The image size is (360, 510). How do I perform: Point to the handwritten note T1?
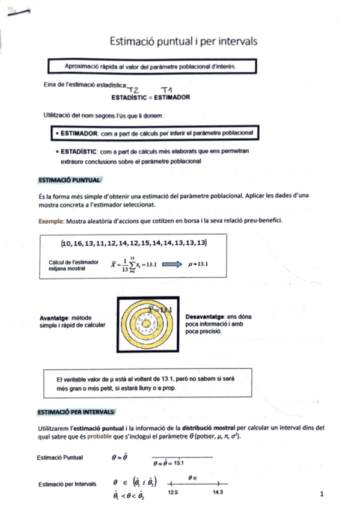(x=168, y=88)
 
